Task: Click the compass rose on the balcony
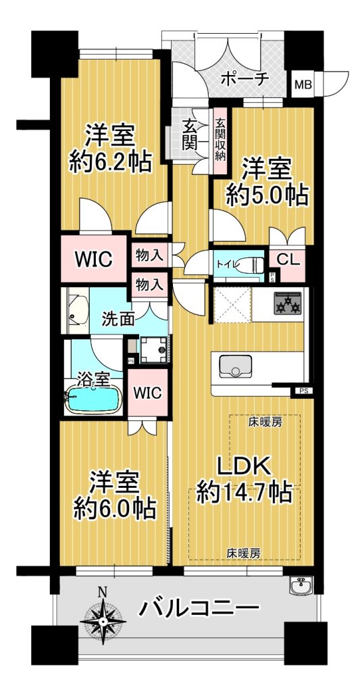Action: [103, 620]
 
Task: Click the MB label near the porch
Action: [303, 83]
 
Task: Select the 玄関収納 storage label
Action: [220, 139]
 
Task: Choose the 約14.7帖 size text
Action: [244, 493]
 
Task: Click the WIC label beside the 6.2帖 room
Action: [93, 259]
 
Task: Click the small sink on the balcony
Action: [302, 586]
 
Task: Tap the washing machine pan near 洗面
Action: [155, 349]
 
